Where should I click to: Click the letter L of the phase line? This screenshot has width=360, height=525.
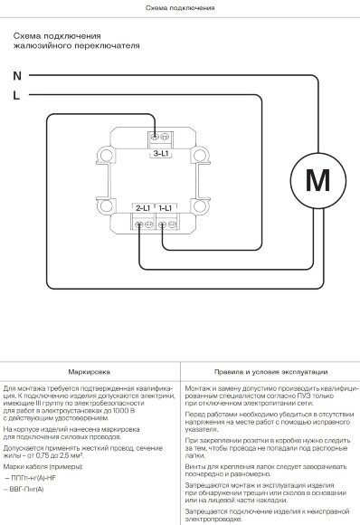tap(16, 94)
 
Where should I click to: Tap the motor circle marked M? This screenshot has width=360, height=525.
tap(317, 178)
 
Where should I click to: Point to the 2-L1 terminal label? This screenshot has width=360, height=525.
tap(143, 208)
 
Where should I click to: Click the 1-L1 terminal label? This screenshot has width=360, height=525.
tap(166, 208)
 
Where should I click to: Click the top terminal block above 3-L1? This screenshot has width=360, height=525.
tap(159, 138)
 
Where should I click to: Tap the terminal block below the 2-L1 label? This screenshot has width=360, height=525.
tap(143, 224)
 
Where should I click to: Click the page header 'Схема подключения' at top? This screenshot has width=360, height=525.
tap(180, 6)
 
